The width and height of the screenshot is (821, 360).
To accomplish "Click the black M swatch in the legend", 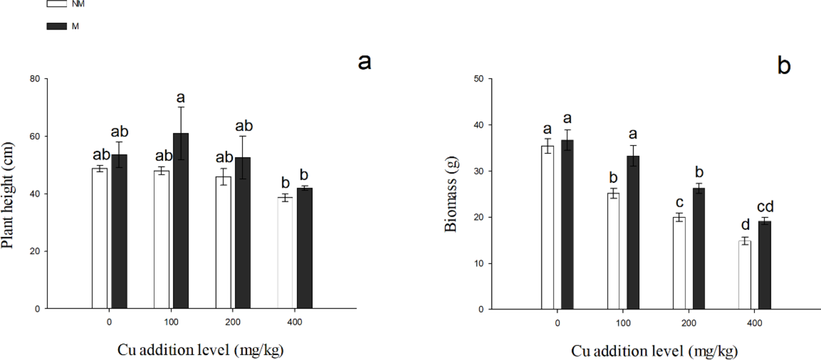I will pos(56,27).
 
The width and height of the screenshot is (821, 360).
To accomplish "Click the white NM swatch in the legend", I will pos(56,4).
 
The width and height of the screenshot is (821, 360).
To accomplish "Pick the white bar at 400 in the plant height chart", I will pos(285,252).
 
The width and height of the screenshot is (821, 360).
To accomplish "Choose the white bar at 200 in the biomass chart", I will pos(679,263).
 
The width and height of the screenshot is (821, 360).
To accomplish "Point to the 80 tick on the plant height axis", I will pos(35,79).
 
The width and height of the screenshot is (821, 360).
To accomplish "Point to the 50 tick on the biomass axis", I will pos(479,79).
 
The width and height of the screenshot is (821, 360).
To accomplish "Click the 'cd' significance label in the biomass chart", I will pos(765,206).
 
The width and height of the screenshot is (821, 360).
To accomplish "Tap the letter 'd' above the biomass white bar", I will pos(745,225).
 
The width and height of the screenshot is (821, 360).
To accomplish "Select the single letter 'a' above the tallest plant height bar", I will pos(180,97).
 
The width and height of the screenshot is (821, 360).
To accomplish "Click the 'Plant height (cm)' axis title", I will pos(8,195).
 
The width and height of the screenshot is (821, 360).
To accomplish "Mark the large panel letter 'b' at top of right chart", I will pos(784,66).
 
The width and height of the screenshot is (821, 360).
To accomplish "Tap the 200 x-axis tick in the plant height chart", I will pos(233,322).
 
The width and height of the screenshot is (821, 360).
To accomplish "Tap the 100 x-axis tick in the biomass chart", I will pos(623,323).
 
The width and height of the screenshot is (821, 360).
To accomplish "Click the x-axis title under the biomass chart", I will pos(654,351).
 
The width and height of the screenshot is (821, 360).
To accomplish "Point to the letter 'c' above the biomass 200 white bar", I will pos(679,203).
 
